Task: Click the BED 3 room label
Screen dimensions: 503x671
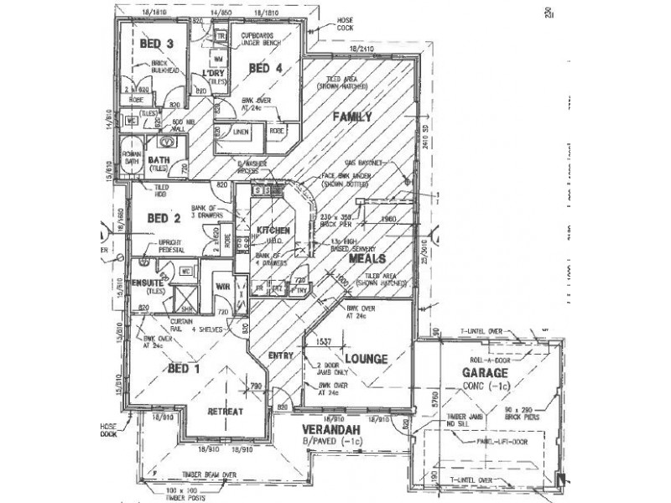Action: pyautogui.click(x=157, y=44)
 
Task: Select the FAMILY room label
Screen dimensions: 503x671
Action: pyautogui.click(x=351, y=117)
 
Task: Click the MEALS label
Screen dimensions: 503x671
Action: pyautogui.click(x=367, y=260)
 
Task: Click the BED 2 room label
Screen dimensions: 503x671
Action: pyautogui.click(x=164, y=218)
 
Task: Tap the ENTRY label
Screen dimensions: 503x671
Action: pyautogui.click(x=280, y=356)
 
